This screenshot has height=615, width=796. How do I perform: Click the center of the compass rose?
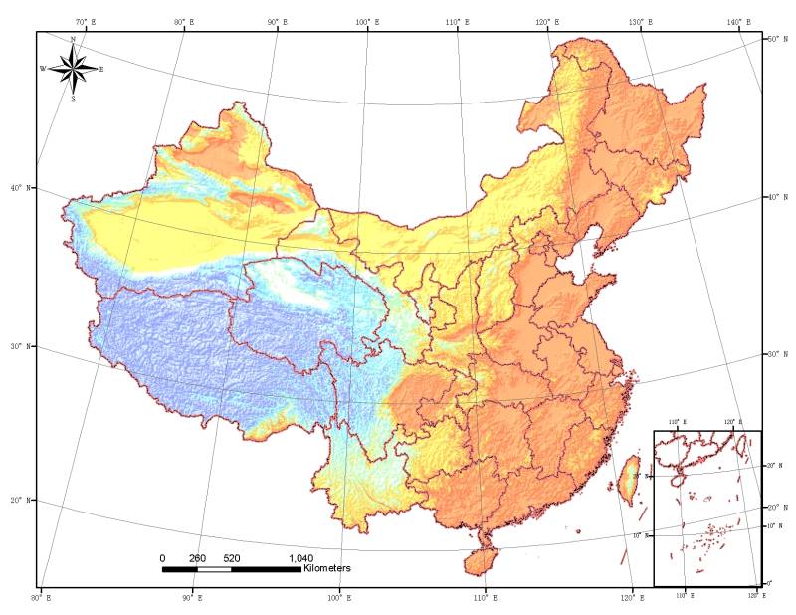coord(73,69)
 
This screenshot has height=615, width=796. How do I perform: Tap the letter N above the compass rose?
coord(73,39)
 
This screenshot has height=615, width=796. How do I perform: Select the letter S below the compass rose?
coord(73,99)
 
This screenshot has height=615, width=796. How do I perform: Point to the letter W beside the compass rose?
coord(43,69)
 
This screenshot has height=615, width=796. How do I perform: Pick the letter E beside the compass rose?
coord(101,69)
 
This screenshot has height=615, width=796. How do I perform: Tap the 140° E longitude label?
coord(739,22)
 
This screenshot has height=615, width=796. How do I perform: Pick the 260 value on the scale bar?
coord(197,558)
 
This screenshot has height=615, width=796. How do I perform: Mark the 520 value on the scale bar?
coord(232,558)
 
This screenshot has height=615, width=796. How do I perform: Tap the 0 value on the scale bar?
coord(163,558)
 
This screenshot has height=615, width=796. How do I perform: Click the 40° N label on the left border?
coord(20,187)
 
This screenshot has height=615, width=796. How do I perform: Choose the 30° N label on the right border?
coord(775,354)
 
